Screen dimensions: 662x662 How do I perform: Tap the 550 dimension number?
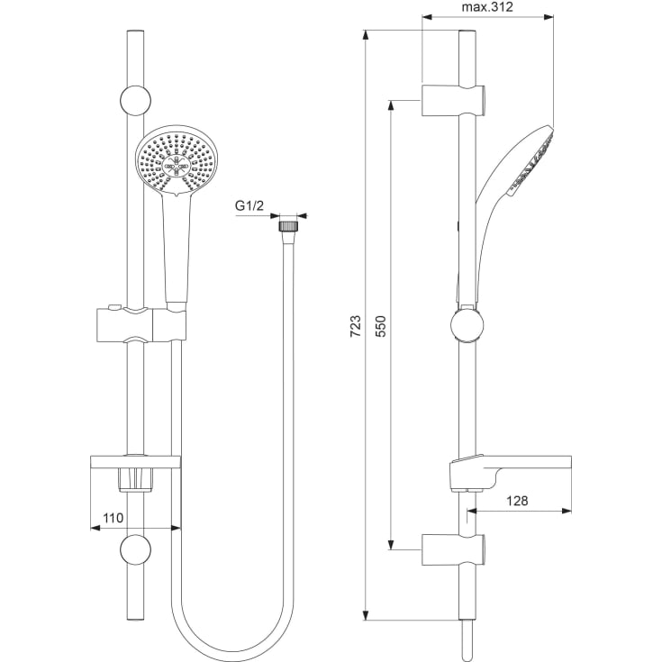click(x=380, y=325)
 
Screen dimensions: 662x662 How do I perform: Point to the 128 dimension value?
click(x=516, y=501)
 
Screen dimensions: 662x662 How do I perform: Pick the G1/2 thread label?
click(x=249, y=206)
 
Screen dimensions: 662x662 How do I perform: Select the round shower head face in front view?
click(x=177, y=162)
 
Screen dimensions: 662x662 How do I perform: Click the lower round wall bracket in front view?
click(x=134, y=549)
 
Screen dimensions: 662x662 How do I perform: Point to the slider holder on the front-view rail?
click(x=139, y=325)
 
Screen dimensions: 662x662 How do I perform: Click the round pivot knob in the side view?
click(x=466, y=325)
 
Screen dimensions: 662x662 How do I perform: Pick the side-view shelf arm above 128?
click(x=509, y=464)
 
